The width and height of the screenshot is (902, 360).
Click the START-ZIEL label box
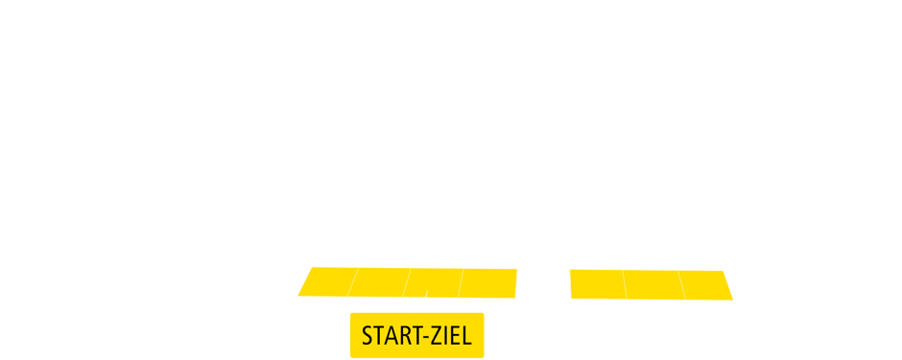pyautogui.click(x=416, y=335)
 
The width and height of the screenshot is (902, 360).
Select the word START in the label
pyautogui.click(x=388, y=337)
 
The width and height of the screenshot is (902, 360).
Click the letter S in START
pyautogui.click(x=367, y=337)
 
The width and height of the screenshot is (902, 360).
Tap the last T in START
pyautogui.click(x=409, y=337)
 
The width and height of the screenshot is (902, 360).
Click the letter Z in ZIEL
pyautogui.click(x=434, y=337)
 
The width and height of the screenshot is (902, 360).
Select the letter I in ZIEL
pyautogui.click(x=443, y=337)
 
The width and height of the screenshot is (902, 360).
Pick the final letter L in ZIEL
pyautogui.click(x=465, y=337)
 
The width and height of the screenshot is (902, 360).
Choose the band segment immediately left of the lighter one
pyautogui.click(x=487, y=284)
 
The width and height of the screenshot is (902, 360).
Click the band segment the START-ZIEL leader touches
pyautogui.click(x=431, y=284)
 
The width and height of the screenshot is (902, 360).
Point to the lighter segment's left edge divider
pyautogui.click(x=515, y=284)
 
